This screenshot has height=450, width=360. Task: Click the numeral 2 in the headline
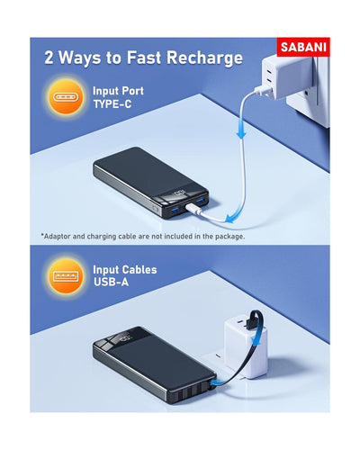click(51, 58)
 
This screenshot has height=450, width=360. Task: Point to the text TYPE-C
click(112, 103)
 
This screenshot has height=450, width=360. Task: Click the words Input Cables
click(125, 269)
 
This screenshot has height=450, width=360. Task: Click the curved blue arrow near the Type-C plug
click(232, 212)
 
